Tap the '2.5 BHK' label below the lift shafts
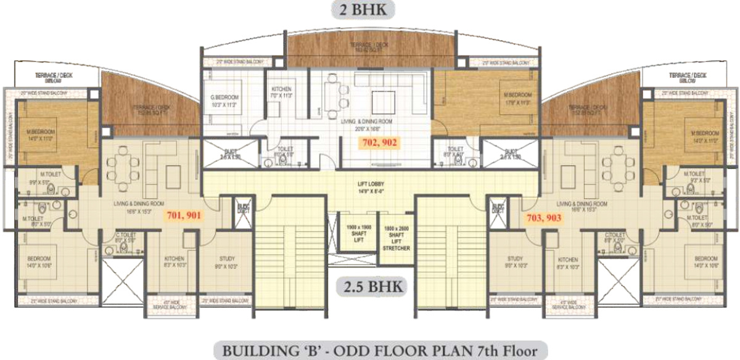370,286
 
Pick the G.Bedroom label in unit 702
226,101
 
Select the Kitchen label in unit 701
175,262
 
